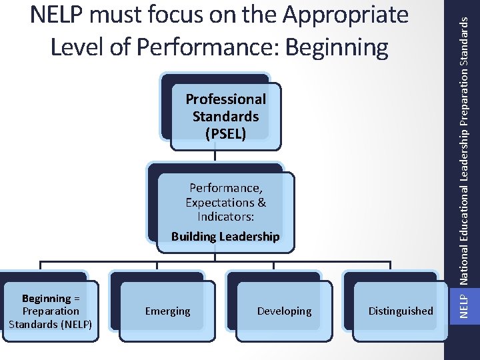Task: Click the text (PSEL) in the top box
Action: click(x=225, y=133)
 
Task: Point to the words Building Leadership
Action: click(x=225, y=237)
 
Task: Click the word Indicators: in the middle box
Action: click(x=225, y=217)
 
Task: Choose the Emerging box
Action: click(x=167, y=311)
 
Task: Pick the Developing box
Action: click(x=284, y=311)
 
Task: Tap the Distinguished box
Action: click(x=401, y=311)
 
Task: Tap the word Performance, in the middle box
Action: click(x=225, y=188)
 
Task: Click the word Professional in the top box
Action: click(x=225, y=99)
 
